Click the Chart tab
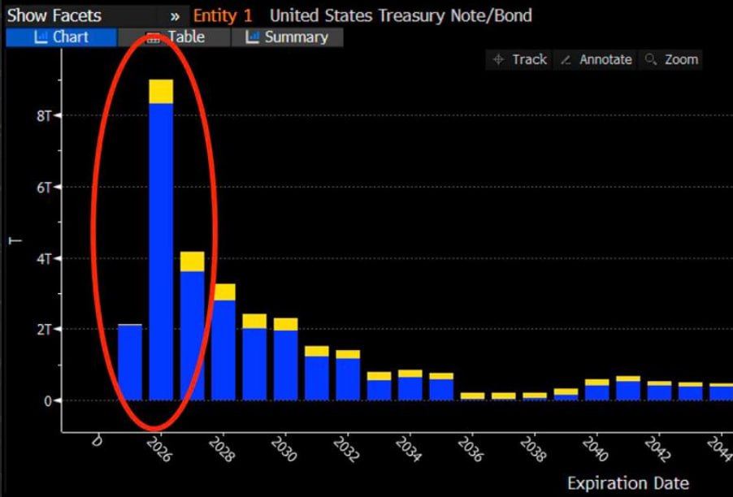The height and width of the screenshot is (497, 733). click(61, 37)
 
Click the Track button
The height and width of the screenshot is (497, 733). click(520, 59)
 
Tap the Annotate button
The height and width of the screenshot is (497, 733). click(596, 59)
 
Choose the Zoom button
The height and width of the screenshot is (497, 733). click(671, 59)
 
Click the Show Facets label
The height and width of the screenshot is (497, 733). click(54, 15)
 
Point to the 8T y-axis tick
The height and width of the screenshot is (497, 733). click(43, 116)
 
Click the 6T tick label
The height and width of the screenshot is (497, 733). click(43, 188)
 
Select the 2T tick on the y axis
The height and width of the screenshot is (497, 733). click(43, 330)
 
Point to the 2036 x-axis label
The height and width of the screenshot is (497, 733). click(471, 449)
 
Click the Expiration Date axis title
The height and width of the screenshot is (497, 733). click(627, 483)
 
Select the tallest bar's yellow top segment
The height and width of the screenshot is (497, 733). click(161, 91)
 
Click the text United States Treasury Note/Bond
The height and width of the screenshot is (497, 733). click(401, 15)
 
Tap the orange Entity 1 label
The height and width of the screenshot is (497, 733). click(223, 15)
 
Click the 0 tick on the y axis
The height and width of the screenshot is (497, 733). click(47, 401)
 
